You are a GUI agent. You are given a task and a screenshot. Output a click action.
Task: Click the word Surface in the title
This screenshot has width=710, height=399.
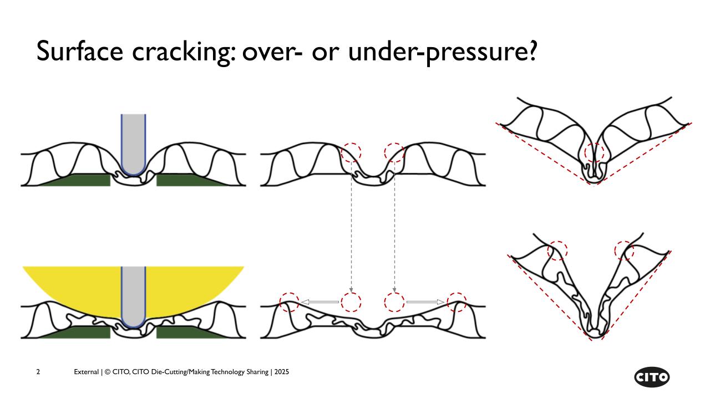click(x=79, y=50)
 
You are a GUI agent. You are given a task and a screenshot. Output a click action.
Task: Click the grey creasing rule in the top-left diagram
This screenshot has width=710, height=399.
click(x=133, y=145)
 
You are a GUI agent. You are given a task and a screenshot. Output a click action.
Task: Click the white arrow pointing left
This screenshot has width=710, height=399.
click(x=319, y=302)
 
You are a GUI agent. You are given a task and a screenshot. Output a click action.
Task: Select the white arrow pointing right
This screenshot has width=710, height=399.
click(x=425, y=302)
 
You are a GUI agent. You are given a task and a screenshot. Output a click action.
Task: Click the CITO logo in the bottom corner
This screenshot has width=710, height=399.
click(x=652, y=377)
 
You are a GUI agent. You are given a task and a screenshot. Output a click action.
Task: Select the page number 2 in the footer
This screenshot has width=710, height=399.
click(x=38, y=372)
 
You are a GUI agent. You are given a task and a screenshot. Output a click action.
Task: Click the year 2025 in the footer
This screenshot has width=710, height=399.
click(x=282, y=372)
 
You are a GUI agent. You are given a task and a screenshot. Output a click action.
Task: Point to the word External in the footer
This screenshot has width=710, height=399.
click(x=86, y=372)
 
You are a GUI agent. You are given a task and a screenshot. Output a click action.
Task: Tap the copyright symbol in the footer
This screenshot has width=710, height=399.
click(x=108, y=372)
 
